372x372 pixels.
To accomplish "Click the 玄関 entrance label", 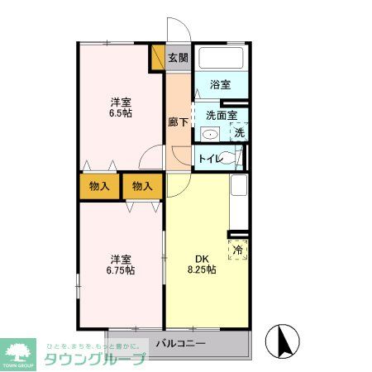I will [x=178, y=58].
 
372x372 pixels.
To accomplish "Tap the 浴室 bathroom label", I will [x=219, y=83].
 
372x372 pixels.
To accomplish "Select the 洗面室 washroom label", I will [x=222, y=116].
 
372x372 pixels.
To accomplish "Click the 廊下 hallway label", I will [x=177, y=122].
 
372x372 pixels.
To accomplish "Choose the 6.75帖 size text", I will [x=121, y=270].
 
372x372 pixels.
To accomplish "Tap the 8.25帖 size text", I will [x=200, y=269].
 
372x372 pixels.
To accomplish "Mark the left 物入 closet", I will [x=100, y=186].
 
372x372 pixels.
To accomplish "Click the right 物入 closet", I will [x=142, y=186].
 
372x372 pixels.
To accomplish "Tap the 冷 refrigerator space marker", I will [x=238, y=248].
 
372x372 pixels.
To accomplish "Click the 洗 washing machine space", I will [x=239, y=132].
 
